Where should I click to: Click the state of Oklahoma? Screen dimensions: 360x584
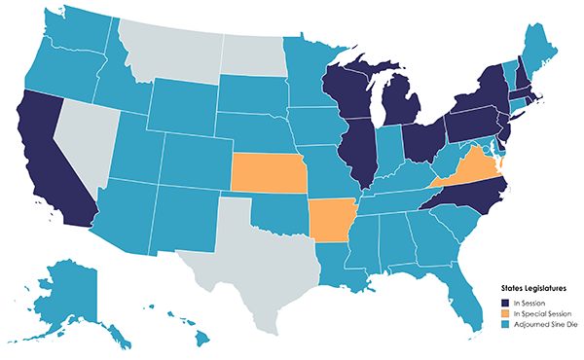(282, 212)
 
